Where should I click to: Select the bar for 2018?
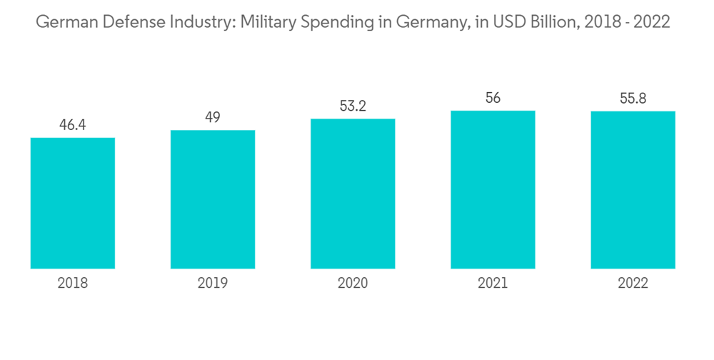(73, 203)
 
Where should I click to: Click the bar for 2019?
(213, 199)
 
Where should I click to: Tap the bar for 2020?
(353, 194)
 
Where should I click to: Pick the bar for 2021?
(493, 189)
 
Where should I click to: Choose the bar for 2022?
(633, 190)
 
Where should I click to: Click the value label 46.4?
(73, 126)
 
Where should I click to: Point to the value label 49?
(213, 118)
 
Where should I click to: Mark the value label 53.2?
(353, 106)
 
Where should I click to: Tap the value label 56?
(493, 99)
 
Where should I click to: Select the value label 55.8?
(633, 99)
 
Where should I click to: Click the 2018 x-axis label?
(73, 284)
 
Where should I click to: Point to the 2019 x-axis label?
(213, 284)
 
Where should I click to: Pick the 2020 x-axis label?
(353, 284)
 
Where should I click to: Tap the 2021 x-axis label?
(493, 284)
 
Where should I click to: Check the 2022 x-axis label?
(633, 284)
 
